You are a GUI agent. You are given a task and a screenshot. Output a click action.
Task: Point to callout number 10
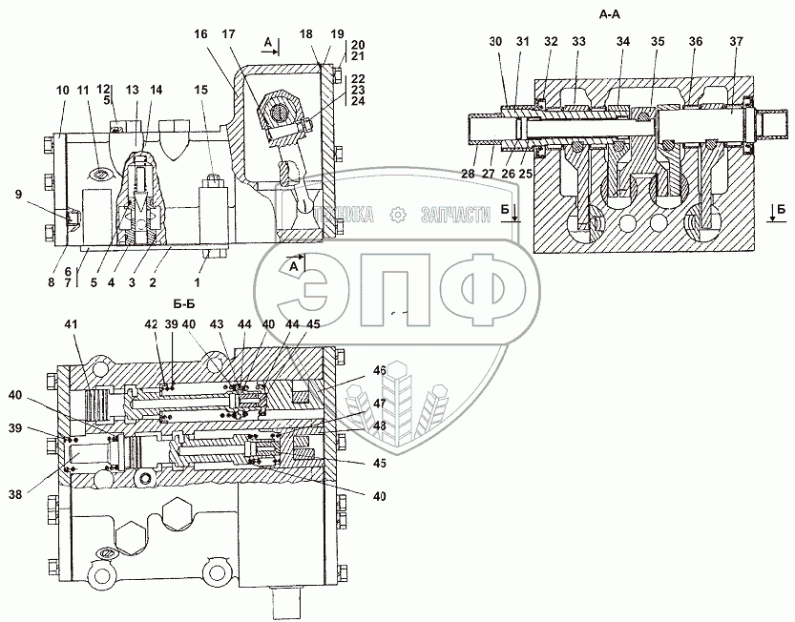pyautogui.click(x=62, y=90)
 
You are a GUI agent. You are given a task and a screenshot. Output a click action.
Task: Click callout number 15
pyautogui.click(x=200, y=90)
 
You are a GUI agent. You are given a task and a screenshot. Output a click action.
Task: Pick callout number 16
pyautogui.click(x=200, y=33)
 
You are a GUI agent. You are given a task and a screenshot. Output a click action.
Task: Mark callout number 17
pyautogui.click(x=229, y=33)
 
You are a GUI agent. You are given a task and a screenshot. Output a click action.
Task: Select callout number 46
pyautogui.click(x=380, y=369)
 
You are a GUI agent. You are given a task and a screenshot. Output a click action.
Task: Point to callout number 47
pyautogui.click(x=380, y=404)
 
